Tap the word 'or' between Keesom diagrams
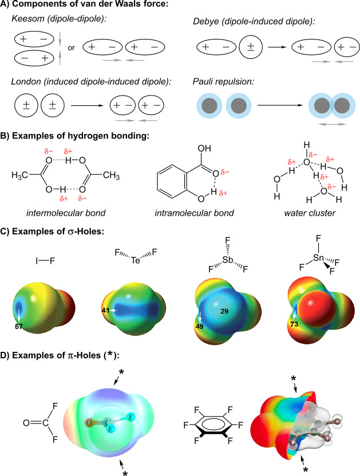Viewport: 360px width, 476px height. point(72,47)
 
